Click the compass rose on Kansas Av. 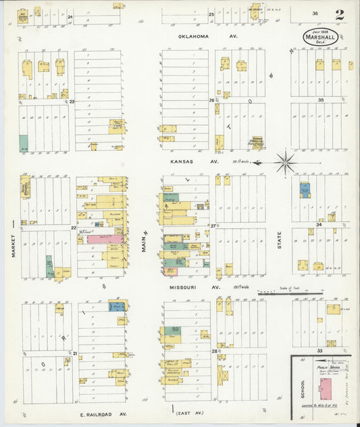coord(286,161)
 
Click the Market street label coord(13,244)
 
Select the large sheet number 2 coord(338,14)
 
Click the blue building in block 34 coord(305,190)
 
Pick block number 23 coord(71,101)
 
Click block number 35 coord(322,100)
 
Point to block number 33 coord(319,351)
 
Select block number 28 coord(214,351)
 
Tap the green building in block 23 coord(24,143)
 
